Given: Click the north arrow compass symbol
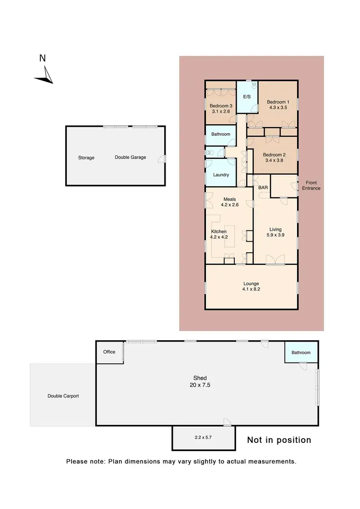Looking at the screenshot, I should (x=44, y=75).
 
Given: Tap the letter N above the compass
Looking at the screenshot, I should (x=42, y=58).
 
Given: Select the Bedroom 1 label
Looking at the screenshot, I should (x=278, y=102).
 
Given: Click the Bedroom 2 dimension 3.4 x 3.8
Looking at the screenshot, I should (x=274, y=162).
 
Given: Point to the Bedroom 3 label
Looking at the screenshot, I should (x=221, y=106).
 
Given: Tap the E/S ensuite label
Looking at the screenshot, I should (x=247, y=97).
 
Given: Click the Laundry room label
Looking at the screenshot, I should (x=221, y=175).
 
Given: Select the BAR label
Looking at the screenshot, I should (x=263, y=188).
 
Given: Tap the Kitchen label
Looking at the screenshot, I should (x=219, y=232).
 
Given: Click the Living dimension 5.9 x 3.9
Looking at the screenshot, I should (x=275, y=236).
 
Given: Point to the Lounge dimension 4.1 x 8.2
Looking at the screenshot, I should (x=251, y=290).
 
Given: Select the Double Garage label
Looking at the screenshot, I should (x=130, y=157).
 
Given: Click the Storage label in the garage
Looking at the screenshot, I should (x=86, y=158).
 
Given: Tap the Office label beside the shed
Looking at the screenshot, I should (x=109, y=352).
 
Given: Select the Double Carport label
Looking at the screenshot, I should (x=63, y=396).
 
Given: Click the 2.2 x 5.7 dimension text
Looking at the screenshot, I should (x=204, y=438).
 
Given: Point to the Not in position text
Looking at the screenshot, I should (x=279, y=440).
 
